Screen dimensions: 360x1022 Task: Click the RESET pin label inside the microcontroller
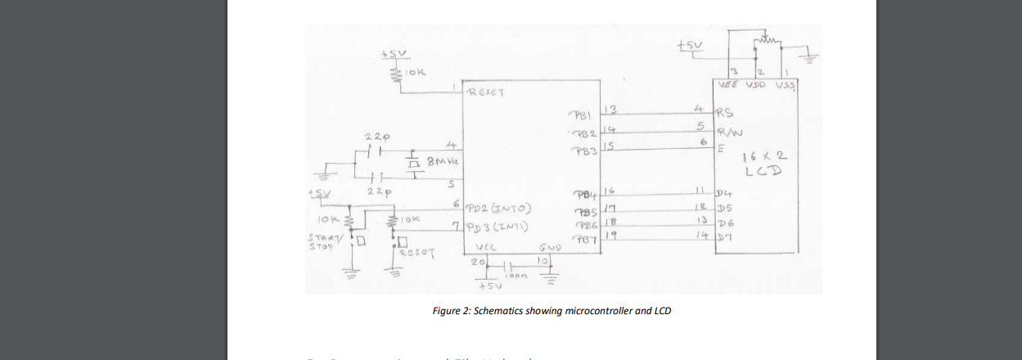[486, 92]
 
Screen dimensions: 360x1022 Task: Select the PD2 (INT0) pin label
[502, 207]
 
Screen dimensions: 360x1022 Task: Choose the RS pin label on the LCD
[725, 114]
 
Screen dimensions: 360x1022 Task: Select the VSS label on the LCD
[786, 84]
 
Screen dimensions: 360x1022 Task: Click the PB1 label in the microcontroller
[583, 115]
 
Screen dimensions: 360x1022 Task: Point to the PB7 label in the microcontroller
[583, 239]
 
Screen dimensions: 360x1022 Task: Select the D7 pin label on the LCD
[724, 237]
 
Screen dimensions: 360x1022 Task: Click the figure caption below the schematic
[552, 311]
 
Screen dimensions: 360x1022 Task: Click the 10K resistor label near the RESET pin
[416, 73]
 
